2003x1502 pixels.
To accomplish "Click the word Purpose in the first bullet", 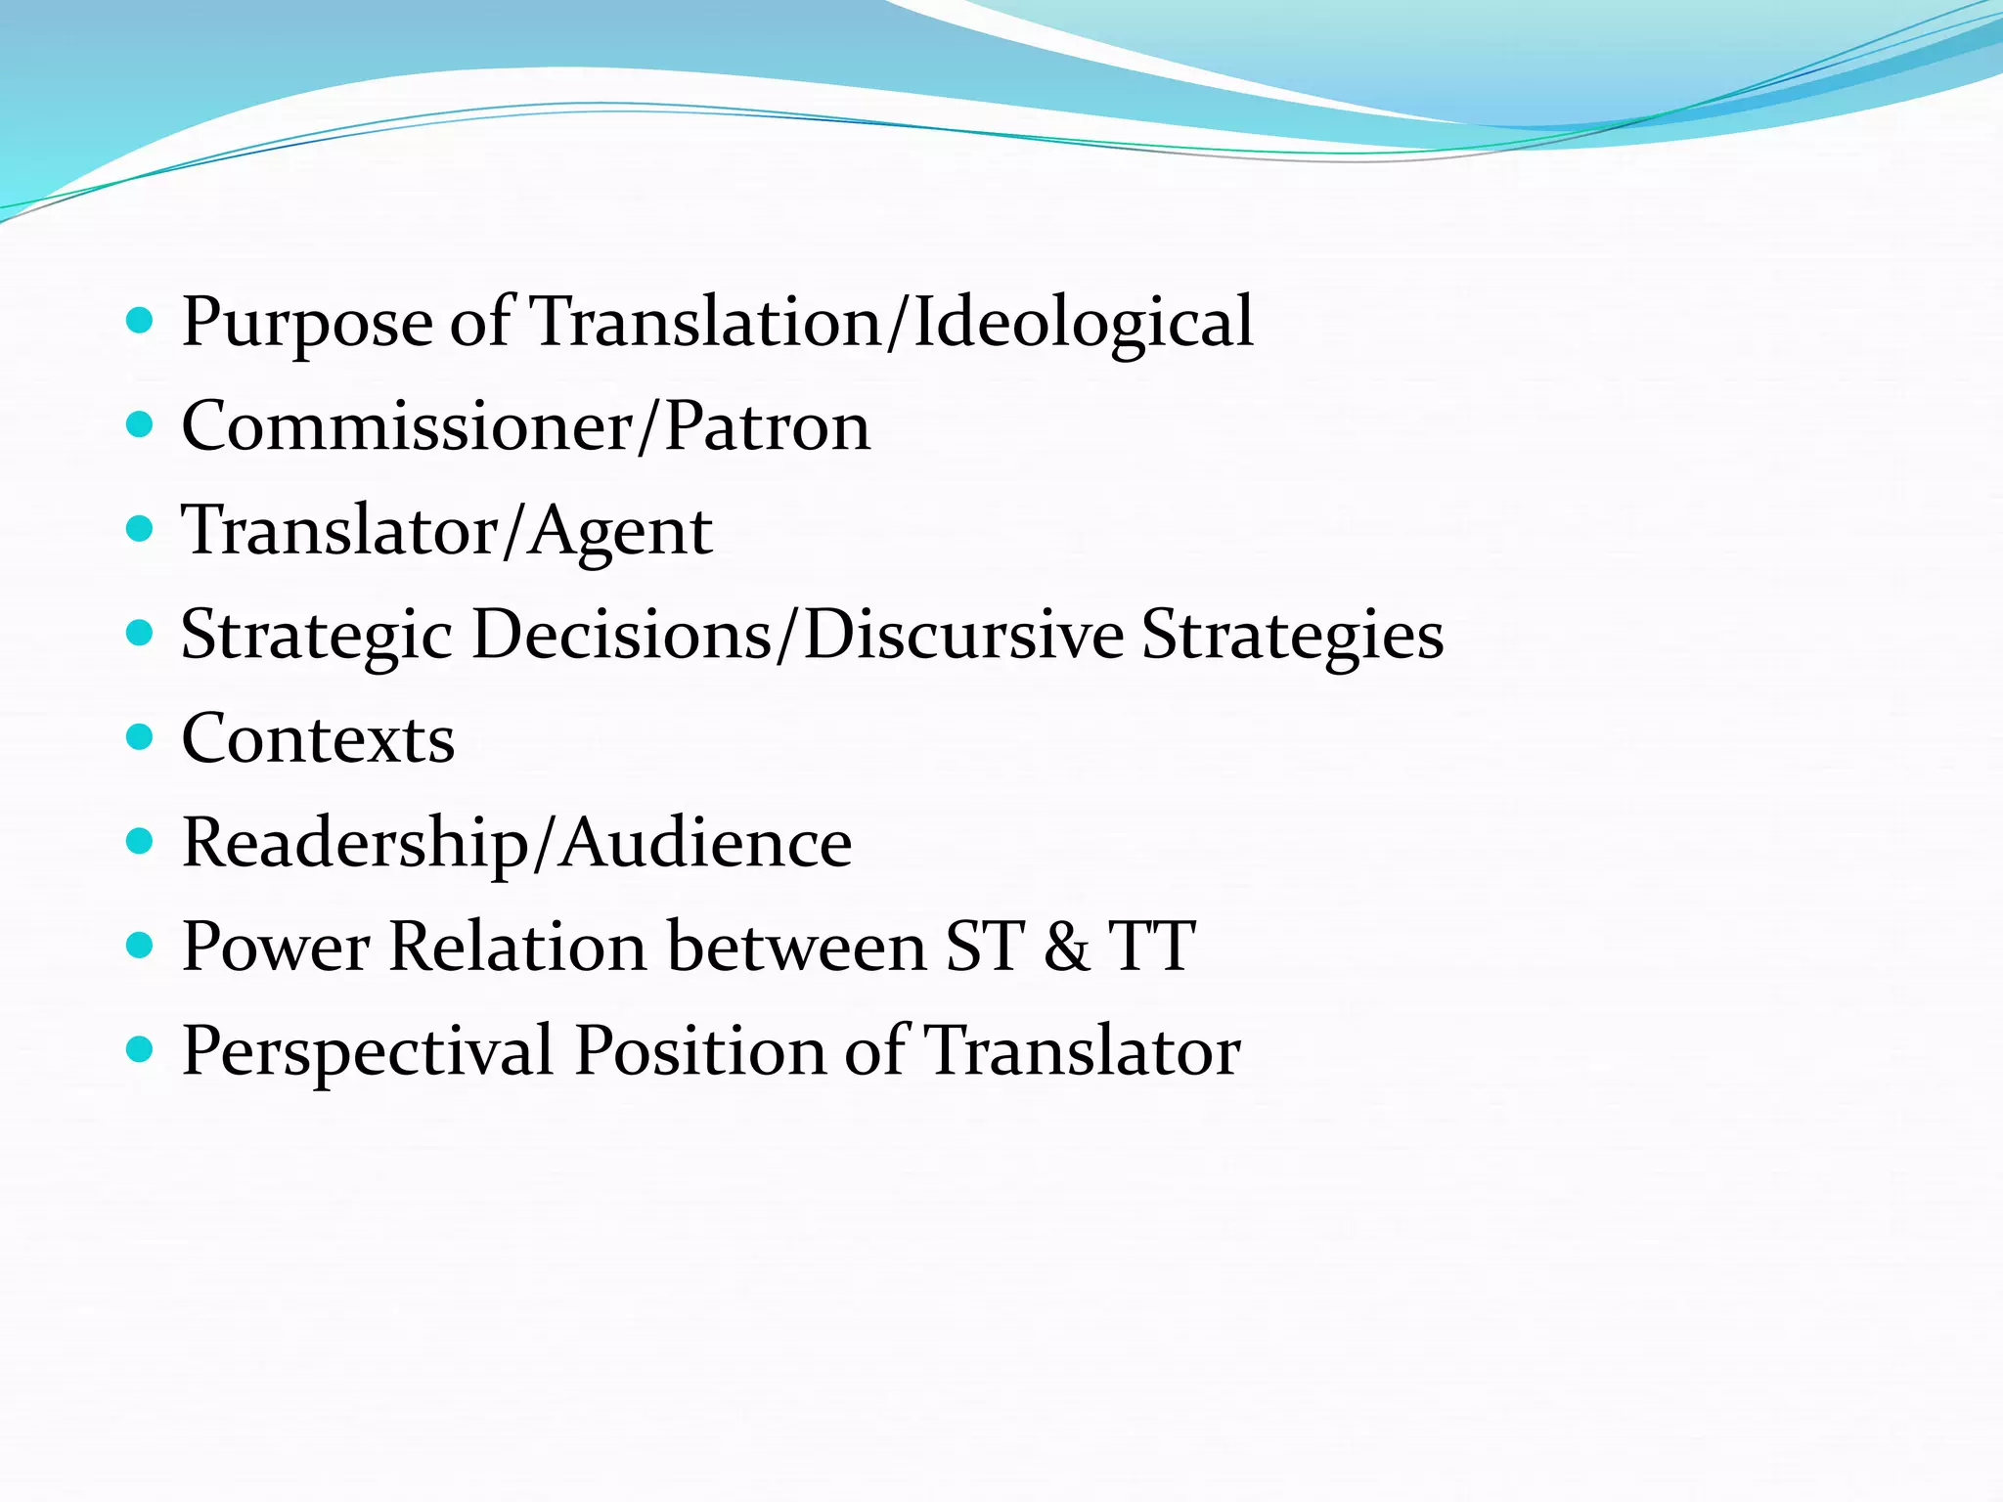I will [307, 323].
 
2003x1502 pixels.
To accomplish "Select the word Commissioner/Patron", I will [525, 426].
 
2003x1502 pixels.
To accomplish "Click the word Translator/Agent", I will [447, 531].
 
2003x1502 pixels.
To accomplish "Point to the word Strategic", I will [316, 636].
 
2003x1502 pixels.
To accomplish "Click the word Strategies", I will [1292, 636].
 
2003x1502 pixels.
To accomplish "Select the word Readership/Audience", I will [516, 843].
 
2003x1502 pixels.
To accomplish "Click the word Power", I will [277, 947].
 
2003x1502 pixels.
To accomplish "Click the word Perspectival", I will [368, 1052].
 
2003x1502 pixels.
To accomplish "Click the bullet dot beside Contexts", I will [141, 736].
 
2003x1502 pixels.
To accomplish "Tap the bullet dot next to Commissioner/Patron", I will [141, 424].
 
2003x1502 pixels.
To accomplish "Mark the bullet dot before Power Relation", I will [141, 945].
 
